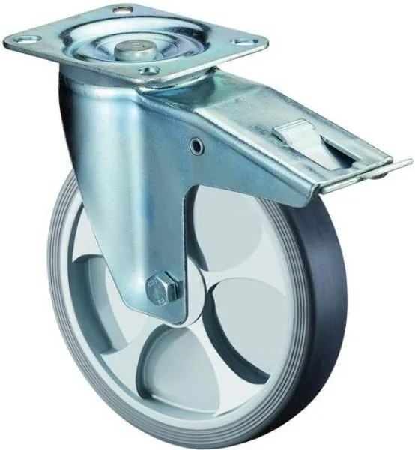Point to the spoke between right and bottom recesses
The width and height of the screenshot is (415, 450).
217,330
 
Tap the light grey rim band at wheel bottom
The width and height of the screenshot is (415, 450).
195,416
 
